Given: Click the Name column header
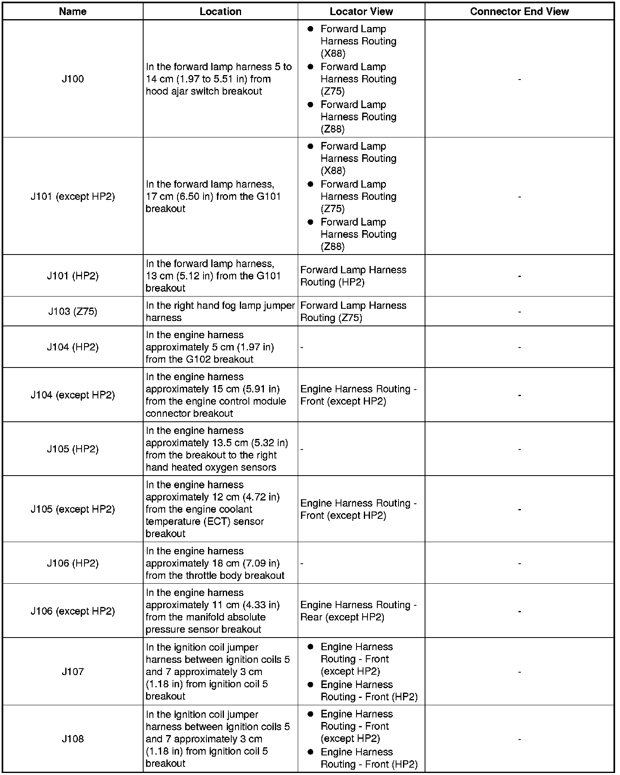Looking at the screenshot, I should coord(73,11).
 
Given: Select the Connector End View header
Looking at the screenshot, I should coord(519,11).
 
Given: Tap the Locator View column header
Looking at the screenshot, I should coord(361,11).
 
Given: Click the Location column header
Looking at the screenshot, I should coord(220,11).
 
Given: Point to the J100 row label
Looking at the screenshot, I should coord(73,79).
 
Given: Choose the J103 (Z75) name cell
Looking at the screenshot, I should coord(73,312).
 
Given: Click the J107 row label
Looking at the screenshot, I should coord(73,671).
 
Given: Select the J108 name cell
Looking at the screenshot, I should coord(73,739).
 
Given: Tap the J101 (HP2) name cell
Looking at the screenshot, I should coord(73,276).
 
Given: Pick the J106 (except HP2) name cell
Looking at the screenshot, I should coord(73,611).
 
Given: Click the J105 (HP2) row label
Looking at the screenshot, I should coord(73,449).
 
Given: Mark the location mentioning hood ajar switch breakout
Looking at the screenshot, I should coord(219,79).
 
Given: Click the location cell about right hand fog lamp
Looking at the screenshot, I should coord(220,312).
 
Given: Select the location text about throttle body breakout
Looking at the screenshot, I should coord(215,563).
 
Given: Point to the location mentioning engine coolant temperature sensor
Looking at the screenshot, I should coord(213,509).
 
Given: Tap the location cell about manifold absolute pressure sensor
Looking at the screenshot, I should coord(213,611).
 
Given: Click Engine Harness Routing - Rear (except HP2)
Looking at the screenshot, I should coord(358,611).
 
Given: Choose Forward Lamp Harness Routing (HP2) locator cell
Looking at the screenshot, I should coord(353,276).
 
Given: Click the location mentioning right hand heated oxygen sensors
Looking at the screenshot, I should coord(217,449).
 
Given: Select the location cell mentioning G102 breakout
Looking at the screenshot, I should coord(210,347).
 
